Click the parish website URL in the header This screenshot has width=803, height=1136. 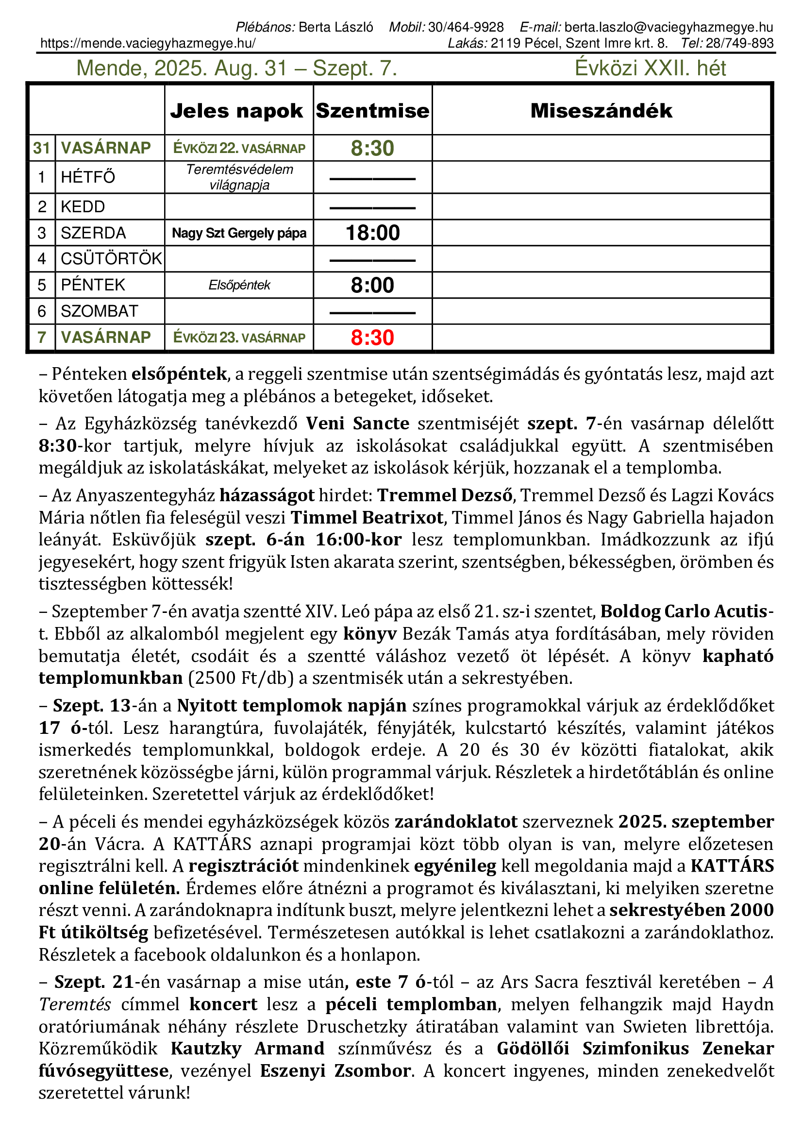(148, 44)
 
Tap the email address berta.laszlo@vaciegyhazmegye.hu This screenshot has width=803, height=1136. (669, 27)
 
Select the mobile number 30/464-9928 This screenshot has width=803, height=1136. (466, 27)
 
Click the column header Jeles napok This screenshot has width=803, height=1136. (236, 111)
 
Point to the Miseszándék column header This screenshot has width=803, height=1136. (601, 111)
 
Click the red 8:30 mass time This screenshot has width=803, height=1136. (372, 338)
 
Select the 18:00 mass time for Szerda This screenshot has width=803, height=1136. (372, 233)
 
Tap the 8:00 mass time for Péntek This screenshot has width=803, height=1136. (372, 286)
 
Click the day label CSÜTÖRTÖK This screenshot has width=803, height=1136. (111, 259)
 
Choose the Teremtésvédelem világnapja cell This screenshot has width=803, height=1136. (239, 177)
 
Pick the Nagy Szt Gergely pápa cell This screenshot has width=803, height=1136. (239, 233)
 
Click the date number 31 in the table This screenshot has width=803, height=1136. (42, 148)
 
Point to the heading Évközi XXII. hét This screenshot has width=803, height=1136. (650, 68)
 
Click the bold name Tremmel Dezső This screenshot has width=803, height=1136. (445, 495)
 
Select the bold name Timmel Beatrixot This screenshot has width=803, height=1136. (367, 518)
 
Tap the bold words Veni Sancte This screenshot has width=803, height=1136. (357, 424)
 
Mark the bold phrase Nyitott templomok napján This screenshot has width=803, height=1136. (292, 706)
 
